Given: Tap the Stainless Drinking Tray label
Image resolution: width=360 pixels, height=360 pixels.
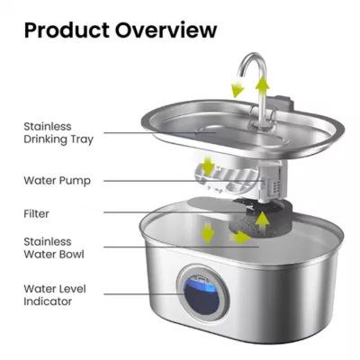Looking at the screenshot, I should tap(59, 133).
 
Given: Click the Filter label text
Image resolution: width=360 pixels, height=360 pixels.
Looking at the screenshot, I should tap(37, 213).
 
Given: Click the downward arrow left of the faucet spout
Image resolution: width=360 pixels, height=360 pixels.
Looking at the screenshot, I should tap(238, 88).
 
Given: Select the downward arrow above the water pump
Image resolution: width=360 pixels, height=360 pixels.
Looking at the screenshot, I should tap(208, 167).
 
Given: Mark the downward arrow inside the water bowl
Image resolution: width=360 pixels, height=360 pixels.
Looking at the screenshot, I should tap(208, 233).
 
